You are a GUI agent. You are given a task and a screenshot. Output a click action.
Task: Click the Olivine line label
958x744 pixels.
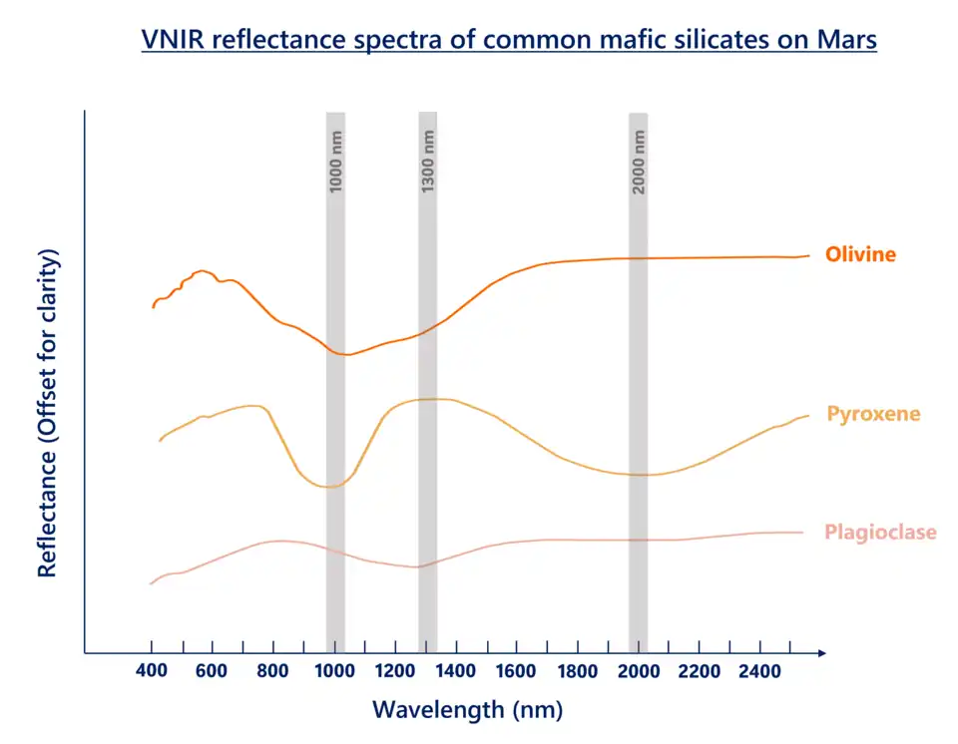(860, 254)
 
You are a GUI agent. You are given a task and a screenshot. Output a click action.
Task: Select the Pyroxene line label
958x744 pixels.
(873, 414)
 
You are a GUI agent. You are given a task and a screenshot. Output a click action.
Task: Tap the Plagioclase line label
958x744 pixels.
(880, 532)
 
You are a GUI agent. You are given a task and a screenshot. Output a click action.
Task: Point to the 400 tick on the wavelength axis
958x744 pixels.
(151, 672)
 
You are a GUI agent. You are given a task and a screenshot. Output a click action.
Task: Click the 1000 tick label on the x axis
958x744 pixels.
(334, 672)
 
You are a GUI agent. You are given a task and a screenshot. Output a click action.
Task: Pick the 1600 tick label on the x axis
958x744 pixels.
(517, 672)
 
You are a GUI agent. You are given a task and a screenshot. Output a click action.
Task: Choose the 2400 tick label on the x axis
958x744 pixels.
(760, 672)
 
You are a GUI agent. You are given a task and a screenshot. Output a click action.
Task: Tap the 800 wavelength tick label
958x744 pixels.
(272, 672)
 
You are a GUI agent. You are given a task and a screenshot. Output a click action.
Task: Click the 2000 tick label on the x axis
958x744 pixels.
(639, 672)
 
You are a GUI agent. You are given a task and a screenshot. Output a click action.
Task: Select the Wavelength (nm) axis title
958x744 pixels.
(467, 710)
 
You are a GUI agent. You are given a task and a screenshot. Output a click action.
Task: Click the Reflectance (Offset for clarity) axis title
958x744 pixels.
(48, 412)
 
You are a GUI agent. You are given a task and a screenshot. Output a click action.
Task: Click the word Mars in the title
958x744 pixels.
(845, 41)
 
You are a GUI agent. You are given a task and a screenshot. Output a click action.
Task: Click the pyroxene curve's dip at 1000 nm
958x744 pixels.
(330, 487)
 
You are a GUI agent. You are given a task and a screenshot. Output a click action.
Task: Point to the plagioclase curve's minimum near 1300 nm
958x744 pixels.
(419, 566)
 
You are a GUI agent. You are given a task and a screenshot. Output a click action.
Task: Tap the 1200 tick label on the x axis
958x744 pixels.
(395, 672)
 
